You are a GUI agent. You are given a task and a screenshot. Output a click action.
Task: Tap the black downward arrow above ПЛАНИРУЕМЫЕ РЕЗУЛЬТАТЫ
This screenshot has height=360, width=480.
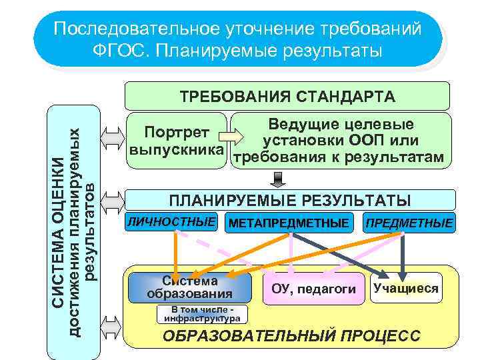click(x=278, y=179)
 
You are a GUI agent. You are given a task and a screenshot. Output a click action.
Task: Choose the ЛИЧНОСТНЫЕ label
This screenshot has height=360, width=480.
click(x=172, y=221)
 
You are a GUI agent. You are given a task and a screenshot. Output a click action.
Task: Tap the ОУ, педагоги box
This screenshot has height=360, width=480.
click(x=314, y=289)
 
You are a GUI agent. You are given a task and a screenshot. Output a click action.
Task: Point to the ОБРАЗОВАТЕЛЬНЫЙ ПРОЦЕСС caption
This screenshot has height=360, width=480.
click(x=292, y=335)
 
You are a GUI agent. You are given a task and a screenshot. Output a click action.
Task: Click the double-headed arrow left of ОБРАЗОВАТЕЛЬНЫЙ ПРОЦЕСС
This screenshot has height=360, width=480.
click(x=111, y=327)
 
